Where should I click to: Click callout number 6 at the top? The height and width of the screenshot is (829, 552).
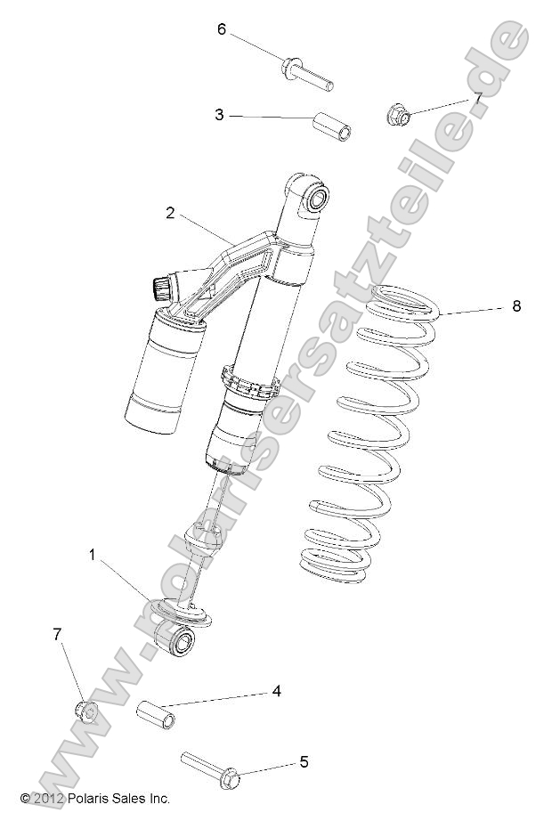tap(223, 29)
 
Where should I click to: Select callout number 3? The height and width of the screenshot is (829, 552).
tap(218, 114)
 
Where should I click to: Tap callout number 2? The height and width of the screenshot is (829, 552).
tap(169, 213)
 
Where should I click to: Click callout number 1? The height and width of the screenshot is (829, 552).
tap(92, 555)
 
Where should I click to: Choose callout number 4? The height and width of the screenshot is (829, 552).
tap(277, 690)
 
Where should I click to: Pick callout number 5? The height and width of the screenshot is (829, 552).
tap(304, 761)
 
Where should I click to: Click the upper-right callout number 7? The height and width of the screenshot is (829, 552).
tap(476, 99)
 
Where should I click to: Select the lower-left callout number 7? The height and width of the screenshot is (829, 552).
tap(58, 634)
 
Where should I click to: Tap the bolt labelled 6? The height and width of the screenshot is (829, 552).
tap(307, 74)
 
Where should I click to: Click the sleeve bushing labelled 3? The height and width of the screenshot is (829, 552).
tap(333, 127)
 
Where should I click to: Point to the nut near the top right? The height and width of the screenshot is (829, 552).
tap(399, 115)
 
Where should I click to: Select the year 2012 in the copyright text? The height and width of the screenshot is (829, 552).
tap(48, 799)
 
